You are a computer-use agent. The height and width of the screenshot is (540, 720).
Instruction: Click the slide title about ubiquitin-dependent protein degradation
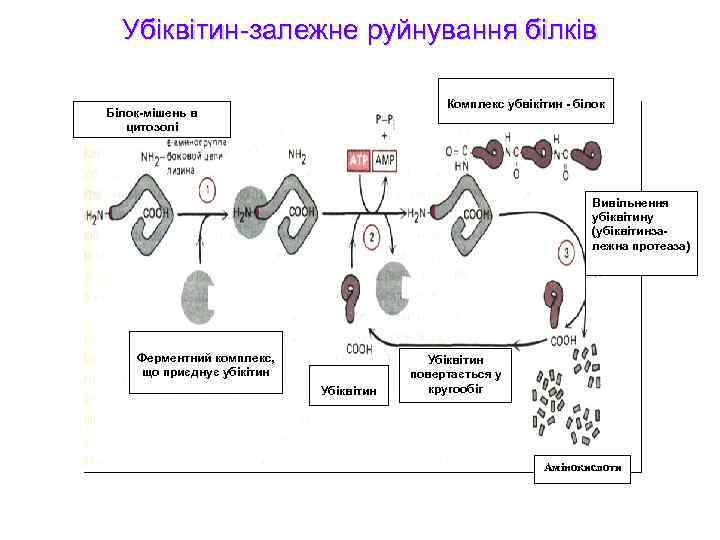[x=359, y=29]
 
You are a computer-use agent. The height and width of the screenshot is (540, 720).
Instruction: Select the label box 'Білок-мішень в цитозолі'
[x=153, y=119]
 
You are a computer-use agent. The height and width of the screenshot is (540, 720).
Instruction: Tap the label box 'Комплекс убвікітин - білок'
[x=526, y=103]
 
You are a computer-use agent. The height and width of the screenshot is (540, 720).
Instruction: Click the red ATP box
[x=358, y=160]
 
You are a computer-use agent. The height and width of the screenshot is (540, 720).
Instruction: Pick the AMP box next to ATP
[x=384, y=160]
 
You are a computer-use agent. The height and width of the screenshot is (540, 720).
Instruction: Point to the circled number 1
[x=207, y=190]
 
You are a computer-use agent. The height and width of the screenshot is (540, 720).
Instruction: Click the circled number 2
[x=371, y=237]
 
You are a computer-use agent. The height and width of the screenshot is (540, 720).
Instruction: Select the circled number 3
[x=567, y=254]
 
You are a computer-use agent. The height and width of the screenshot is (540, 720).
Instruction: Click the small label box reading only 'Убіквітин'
[x=349, y=390]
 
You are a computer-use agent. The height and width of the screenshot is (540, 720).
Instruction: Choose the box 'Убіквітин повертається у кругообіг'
[x=455, y=373]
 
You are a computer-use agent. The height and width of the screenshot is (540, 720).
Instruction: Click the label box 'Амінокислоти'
[x=583, y=468]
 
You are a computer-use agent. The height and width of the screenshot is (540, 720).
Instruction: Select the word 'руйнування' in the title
[x=420, y=29]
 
